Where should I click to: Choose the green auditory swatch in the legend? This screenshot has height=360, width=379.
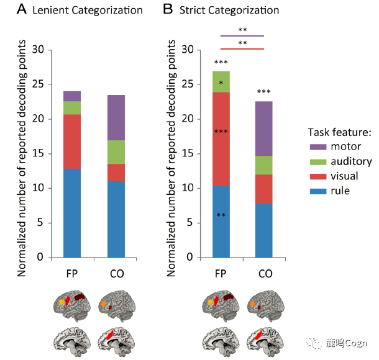318,163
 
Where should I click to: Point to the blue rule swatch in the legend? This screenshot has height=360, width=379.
318,191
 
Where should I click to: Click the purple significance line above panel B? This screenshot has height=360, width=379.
243,36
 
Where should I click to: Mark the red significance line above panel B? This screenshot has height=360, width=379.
243,48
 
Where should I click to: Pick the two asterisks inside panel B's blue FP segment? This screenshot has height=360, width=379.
221,215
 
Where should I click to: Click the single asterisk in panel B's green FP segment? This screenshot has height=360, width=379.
221,82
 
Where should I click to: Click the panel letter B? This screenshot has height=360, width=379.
167,10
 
